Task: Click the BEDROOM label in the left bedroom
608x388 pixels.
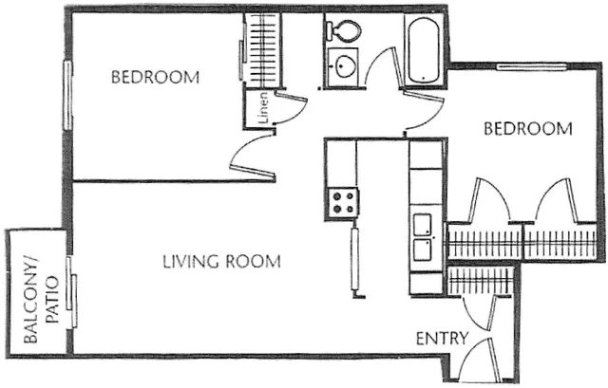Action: coord(156,78)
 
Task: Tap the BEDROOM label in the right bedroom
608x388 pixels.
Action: coord(528,128)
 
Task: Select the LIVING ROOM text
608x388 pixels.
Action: coord(220,261)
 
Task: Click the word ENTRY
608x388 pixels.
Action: coord(439,338)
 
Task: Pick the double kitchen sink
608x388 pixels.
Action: coord(423,237)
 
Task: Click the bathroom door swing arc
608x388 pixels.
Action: coord(382,68)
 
